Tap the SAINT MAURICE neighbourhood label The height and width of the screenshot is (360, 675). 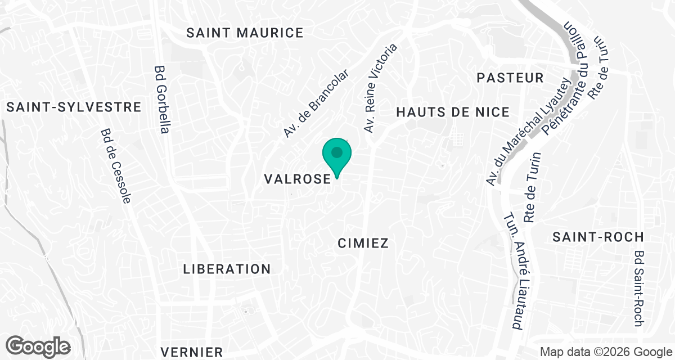coord(245,33)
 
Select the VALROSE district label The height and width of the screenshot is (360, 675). coord(297,179)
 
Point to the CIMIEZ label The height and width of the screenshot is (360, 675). coord(363,243)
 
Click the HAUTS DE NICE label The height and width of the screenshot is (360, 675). coord(453,112)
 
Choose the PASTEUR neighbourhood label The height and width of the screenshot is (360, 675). coord(510,78)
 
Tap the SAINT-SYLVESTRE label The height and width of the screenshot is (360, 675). coord(74,107)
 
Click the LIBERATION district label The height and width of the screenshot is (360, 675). coord(227,269)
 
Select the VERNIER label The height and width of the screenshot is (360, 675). coord(191,352)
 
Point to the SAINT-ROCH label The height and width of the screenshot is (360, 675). coord(597,237)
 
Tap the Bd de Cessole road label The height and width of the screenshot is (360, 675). coord(116,166)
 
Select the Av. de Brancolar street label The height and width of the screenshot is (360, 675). coord(316,104)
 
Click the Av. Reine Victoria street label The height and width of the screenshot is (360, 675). coord(380,88)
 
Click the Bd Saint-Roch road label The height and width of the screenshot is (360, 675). coord(638,288)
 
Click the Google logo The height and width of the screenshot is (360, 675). coord(38,346)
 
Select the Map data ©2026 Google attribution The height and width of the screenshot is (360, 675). coord(605,352)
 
